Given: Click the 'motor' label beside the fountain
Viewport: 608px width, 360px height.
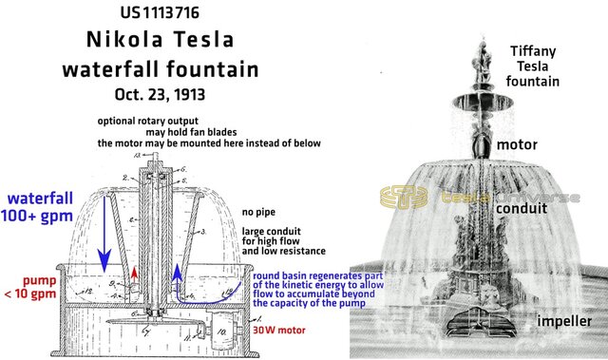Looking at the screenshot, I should tap(519, 144).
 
